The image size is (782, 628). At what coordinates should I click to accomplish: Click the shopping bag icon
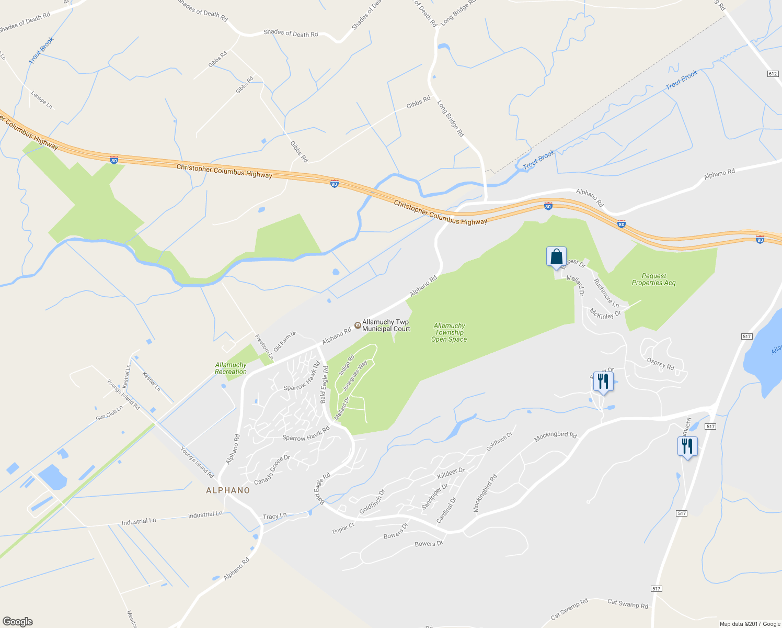[x=556, y=257]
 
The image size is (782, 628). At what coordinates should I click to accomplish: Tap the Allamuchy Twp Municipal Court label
[x=386, y=326]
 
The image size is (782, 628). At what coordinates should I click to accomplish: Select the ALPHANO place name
[x=228, y=490]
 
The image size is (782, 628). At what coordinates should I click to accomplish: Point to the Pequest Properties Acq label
[x=653, y=279]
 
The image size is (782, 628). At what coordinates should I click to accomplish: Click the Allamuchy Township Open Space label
[x=449, y=332]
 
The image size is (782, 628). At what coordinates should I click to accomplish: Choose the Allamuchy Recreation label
[x=231, y=368]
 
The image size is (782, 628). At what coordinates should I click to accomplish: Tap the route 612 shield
[x=773, y=74]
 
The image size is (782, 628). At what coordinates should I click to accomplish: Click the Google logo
[x=17, y=622]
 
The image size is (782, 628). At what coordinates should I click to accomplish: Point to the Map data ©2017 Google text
[x=750, y=624]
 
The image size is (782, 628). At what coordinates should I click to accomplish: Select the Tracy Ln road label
[x=274, y=517]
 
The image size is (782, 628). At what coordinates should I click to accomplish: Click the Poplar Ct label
[x=343, y=529]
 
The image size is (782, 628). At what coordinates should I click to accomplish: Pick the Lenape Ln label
[x=42, y=99]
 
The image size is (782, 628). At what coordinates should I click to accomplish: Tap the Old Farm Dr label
[x=285, y=341]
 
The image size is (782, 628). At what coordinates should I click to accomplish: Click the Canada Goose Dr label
[x=272, y=470]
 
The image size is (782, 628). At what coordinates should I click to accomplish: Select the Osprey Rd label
[x=661, y=364]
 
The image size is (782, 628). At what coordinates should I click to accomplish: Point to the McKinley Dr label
[x=605, y=314]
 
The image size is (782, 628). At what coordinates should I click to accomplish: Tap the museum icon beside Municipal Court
[x=358, y=326]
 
